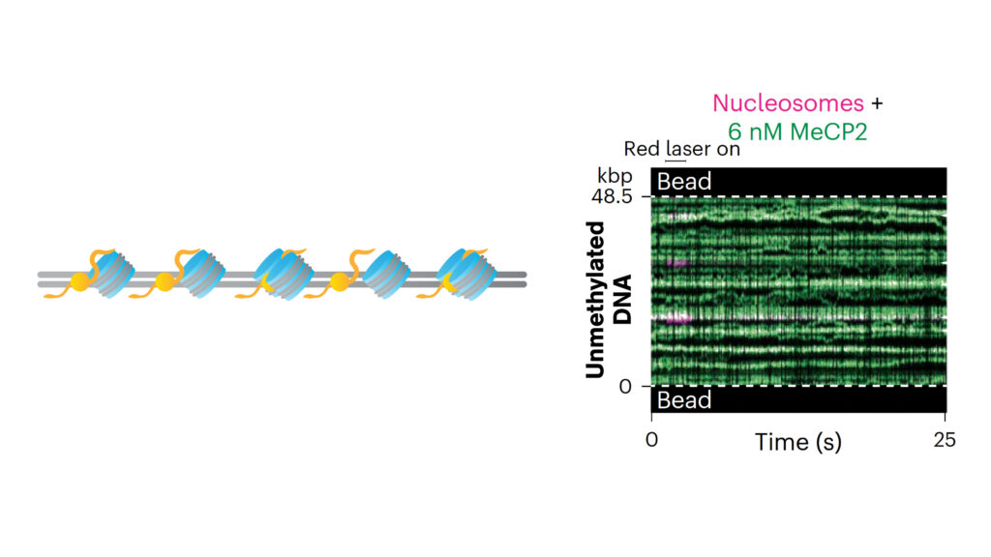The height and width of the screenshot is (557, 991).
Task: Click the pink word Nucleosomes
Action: pyautogui.click(x=787, y=103)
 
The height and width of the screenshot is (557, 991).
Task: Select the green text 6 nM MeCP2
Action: pyautogui.click(x=797, y=132)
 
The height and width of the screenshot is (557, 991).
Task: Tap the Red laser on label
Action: pyautogui.click(x=681, y=149)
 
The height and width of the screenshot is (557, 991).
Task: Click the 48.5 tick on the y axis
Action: pyautogui.click(x=613, y=196)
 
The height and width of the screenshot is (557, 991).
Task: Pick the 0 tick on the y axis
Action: pyautogui.click(x=625, y=386)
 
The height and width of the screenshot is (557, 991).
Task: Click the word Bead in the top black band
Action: pyautogui.click(x=684, y=182)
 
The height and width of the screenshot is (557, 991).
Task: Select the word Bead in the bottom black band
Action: pyautogui.click(x=684, y=400)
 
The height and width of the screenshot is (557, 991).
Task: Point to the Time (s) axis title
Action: pyautogui.click(x=798, y=442)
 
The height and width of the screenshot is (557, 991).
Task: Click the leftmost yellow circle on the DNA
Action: pyautogui.click(x=80, y=281)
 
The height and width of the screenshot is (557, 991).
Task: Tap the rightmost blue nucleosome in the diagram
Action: pyautogui.click(x=467, y=274)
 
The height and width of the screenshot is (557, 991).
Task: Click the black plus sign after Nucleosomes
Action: pyautogui.click(x=877, y=103)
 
